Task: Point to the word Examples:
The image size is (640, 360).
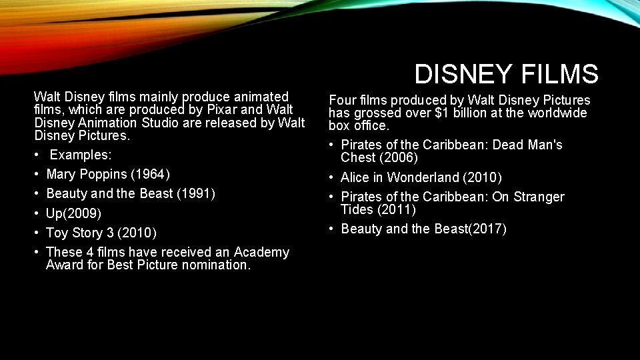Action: (81, 155)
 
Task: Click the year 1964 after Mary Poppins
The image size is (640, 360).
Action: (151, 175)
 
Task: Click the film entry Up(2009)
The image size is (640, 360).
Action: (73, 213)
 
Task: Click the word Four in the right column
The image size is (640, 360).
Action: (341, 100)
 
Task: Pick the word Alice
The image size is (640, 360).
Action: (355, 177)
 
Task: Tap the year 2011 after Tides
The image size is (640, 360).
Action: (397, 209)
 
